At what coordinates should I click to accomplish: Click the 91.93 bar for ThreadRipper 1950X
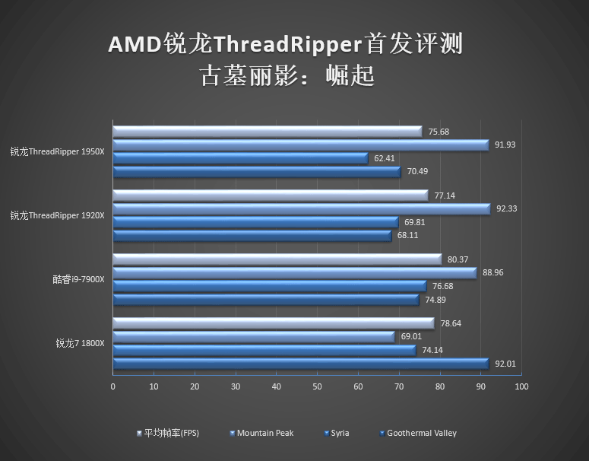pyautogui.click(x=300, y=145)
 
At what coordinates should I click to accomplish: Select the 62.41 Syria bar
pyautogui.click(x=240, y=158)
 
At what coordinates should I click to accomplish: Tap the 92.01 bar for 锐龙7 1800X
pyautogui.click(x=300, y=364)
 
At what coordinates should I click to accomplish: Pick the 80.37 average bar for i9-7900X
pyautogui.click(x=277, y=259)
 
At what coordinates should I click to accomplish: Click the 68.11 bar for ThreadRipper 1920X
pyautogui.click(x=252, y=236)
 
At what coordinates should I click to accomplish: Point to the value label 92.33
pyautogui.click(x=507, y=208)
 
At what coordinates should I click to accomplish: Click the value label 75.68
pyautogui.click(x=439, y=132)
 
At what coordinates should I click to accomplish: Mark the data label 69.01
pyautogui.click(x=410, y=336)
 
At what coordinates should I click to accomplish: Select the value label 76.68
pyautogui.click(x=442, y=286)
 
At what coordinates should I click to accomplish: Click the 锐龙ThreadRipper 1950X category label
pyautogui.click(x=57, y=151)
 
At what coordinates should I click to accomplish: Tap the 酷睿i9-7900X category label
pyautogui.click(x=78, y=279)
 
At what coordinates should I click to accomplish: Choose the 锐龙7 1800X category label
pyautogui.click(x=80, y=343)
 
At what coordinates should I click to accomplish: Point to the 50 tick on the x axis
pyautogui.click(x=317, y=387)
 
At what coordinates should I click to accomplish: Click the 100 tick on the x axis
pyautogui.click(x=521, y=387)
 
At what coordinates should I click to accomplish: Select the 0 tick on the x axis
pyautogui.click(x=113, y=387)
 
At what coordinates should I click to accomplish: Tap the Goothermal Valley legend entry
pyautogui.click(x=421, y=433)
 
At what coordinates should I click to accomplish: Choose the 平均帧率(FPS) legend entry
pyautogui.click(x=171, y=433)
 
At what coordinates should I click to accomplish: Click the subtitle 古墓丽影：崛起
pyautogui.click(x=287, y=75)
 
